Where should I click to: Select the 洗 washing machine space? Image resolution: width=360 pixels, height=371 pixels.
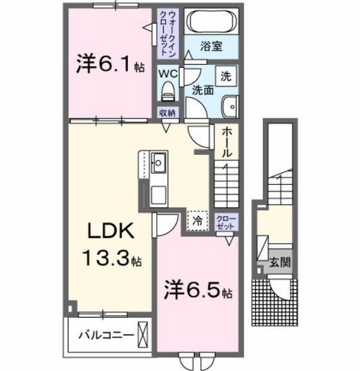(x=226, y=76)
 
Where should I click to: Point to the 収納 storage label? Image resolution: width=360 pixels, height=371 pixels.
(x=167, y=113)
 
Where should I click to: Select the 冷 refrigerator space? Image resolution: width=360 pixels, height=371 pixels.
(x=197, y=220)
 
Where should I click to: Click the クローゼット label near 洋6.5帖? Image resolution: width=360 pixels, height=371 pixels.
(x=226, y=221)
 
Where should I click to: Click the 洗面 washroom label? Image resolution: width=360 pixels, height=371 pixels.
(x=202, y=91)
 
